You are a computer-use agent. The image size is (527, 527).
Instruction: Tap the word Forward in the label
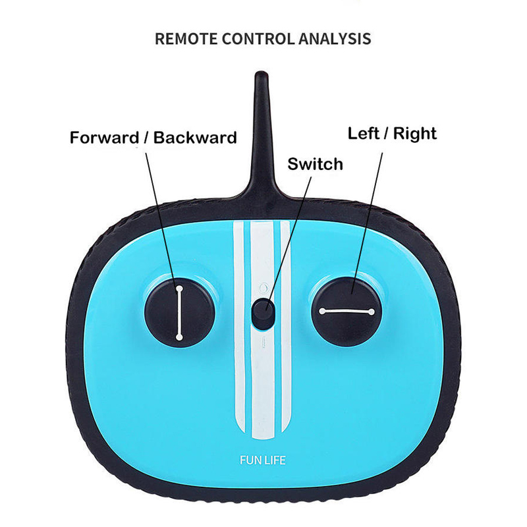coord(105,138)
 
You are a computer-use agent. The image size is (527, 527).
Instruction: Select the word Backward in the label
coord(195,138)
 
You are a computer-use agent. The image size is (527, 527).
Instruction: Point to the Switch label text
coord(316,164)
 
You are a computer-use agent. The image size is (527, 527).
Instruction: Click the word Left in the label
coord(364,133)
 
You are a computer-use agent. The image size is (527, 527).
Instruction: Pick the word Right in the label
coord(415,134)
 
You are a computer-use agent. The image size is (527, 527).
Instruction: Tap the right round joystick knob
coord(347,310)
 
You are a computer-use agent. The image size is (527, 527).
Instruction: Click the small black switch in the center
coord(263,312)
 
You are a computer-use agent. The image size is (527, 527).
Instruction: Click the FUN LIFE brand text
coord(263,460)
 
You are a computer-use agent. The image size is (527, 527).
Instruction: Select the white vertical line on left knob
coord(179,312)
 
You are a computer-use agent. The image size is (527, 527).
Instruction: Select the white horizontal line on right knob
coord(347,311)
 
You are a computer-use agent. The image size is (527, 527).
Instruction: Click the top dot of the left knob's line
coord(179,288)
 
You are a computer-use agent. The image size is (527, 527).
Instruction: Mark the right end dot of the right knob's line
coord(372,311)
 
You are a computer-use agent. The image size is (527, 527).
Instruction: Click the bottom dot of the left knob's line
coord(179,337)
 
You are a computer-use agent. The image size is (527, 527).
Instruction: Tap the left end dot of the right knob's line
coord(322,311)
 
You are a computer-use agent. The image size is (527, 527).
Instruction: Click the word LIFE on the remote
coord(275,460)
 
